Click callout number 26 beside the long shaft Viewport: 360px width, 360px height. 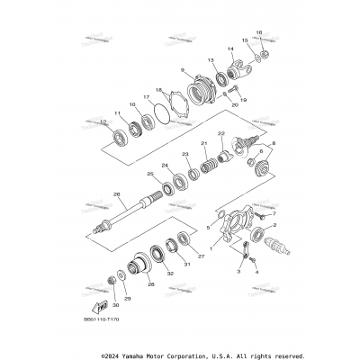tap(117, 193)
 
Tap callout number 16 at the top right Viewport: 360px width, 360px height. tap(258, 33)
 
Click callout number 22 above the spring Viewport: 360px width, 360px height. tap(220, 134)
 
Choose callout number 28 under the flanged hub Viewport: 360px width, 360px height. tap(151, 283)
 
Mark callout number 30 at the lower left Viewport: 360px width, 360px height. tap(114, 306)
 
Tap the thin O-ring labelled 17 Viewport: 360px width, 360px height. tap(159, 116)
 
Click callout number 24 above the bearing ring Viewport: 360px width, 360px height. tap(165, 165)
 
